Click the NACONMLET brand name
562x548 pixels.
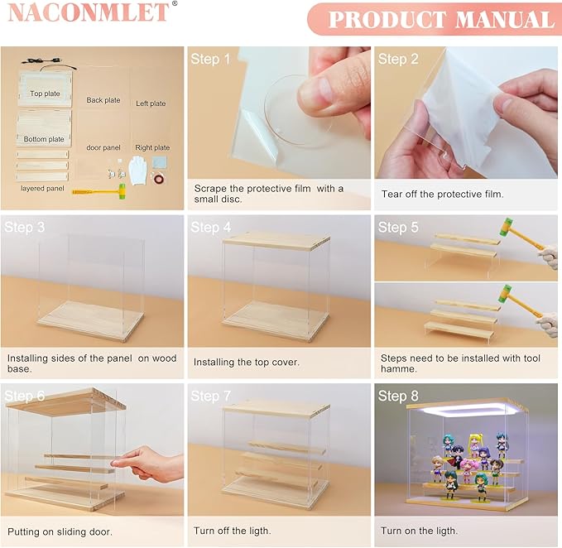[x=89, y=12]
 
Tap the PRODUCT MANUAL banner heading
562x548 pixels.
[x=441, y=19]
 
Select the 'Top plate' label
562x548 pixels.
[x=45, y=94]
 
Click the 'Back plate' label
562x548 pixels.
[x=103, y=100]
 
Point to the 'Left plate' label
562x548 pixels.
[x=151, y=103]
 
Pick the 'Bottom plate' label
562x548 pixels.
[x=44, y=139]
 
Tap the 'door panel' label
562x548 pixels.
[x=103, y=147]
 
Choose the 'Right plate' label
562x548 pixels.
[x=152, y=147]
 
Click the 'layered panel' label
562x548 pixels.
[x=42, y=188]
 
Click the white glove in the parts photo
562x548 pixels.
[x=137, y=170]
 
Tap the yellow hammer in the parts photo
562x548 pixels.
[x=99, y=191]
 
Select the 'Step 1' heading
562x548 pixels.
[x=210, y=59]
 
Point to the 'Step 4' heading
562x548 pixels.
[x=211, y=227]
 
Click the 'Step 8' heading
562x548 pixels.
[x=398, y=396]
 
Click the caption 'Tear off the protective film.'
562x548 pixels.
[x=443, y=194]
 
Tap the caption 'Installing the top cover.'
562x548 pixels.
[x=246, y=362]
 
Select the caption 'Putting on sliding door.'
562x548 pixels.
[x=60, y=531]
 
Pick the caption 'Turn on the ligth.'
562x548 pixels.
[x=420, y=531]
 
